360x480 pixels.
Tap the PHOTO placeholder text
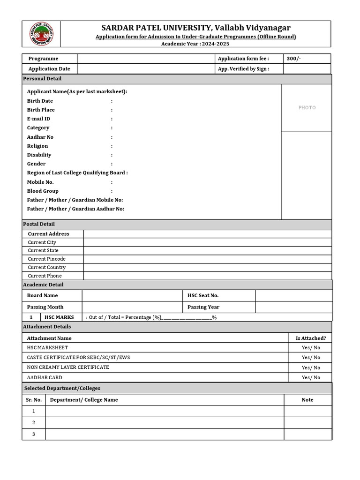point(307,108)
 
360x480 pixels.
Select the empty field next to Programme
point(145,59)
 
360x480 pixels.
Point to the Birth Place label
point(41,110)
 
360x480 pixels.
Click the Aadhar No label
point(40,137)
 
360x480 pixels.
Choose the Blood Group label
point(43,191)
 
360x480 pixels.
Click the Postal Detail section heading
point(39,224)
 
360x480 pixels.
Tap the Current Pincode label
point(46,259)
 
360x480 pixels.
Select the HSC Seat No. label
point(203,295)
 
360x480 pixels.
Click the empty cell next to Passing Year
point(293,307)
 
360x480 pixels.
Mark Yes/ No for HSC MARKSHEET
point(311,348)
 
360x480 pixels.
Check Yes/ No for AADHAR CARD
point(311,377)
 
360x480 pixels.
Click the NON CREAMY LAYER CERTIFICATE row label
point(68,367)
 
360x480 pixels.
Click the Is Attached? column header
point(311,338)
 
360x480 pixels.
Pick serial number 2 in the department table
point(34,422)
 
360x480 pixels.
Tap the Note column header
point(307,400)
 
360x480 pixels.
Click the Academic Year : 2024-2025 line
point(195,44)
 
